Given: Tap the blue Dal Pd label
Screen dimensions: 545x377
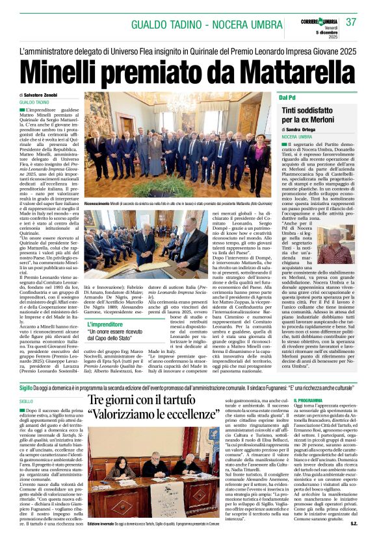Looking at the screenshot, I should pos(288,97).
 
